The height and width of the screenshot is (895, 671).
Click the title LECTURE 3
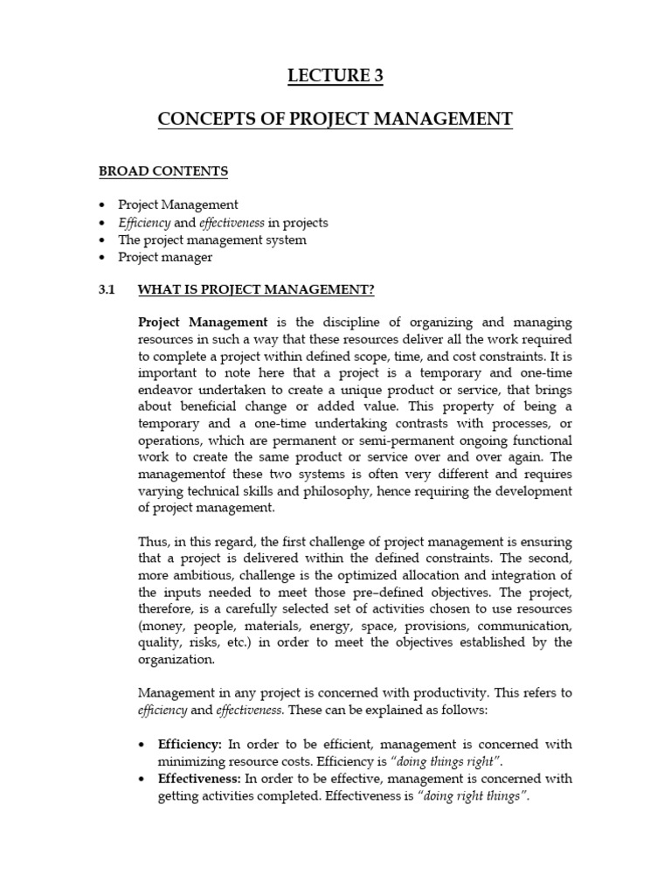point(335,77)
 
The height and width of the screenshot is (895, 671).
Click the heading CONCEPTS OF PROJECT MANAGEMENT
point(335,120)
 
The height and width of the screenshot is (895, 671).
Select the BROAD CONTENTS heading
point(163,171)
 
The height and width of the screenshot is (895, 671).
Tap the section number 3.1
point(107,289)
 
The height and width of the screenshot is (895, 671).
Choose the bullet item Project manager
point(165,257)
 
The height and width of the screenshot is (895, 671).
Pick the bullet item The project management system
point(212,239)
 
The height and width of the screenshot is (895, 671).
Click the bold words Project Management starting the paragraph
point(202,323)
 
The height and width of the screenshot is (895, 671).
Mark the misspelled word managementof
point(179,473)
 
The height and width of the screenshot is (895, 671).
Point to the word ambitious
point(206,574)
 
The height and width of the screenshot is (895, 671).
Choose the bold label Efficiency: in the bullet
point(190,744)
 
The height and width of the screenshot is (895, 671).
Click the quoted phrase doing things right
point(453,761)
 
